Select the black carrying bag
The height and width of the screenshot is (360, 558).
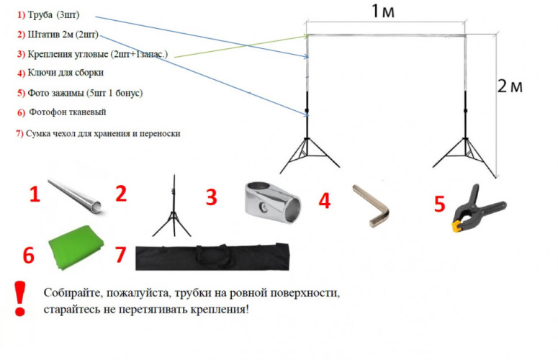pos(213,255)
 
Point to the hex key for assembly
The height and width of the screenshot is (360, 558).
pos(372,206)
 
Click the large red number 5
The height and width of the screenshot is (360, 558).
pos(439,204)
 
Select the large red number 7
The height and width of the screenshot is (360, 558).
pos(120,254)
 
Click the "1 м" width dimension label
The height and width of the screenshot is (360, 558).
pos(384,12)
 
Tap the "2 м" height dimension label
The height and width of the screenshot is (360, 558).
pos(510,86)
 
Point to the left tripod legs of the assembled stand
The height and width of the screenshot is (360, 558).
pos(306,153)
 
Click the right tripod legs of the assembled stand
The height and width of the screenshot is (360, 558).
pos(464,153)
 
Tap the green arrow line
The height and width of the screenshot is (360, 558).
pos(238,46)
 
